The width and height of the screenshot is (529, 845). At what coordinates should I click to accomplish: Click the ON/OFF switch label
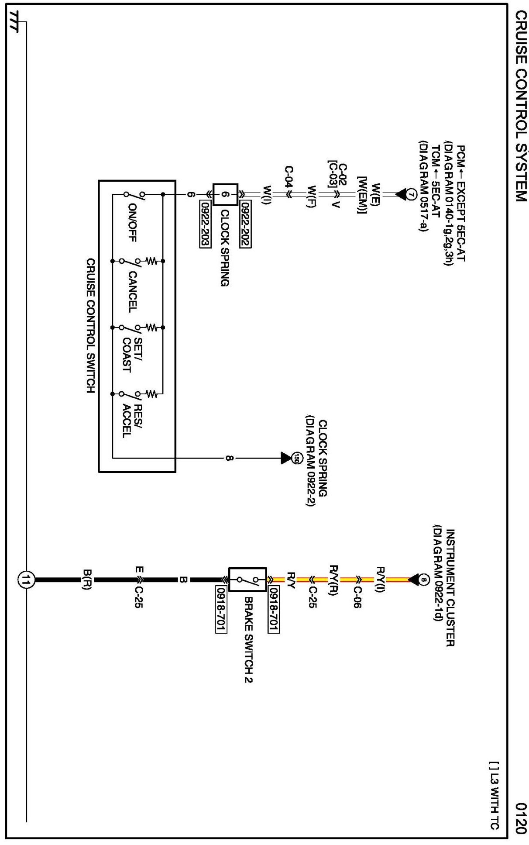[132, 222]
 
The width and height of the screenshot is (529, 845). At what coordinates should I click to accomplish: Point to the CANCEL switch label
[132, 292]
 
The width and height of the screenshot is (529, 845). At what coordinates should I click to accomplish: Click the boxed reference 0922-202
[245, 224]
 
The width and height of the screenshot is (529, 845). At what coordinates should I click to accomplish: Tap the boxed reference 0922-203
[205, 224]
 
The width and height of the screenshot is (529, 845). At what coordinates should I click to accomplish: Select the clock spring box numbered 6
[225, 195]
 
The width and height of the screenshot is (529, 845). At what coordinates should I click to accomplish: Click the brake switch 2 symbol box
[247, 580]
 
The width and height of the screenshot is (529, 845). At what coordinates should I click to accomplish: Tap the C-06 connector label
[357, 597]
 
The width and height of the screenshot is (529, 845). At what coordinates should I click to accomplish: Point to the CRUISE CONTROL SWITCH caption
[90, 326]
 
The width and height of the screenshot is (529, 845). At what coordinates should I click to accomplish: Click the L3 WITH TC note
[494, 795]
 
